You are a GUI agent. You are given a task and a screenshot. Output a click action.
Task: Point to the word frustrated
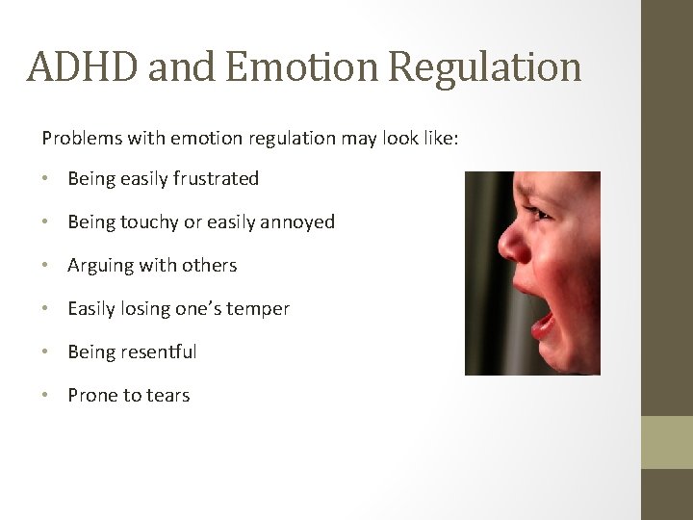[217, 178]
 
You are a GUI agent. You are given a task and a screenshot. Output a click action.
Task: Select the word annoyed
[297, 221]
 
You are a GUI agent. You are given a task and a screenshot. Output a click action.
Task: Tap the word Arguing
[100, 266]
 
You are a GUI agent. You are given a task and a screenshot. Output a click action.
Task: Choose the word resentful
[159, 351]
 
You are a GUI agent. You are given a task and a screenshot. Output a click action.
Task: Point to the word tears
[168, 396]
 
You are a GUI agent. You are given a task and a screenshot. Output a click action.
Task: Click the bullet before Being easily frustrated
[47, 179]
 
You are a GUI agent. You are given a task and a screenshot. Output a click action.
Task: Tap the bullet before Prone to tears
[47, 396]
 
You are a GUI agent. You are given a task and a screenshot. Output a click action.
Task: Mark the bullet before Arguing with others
[47, 266]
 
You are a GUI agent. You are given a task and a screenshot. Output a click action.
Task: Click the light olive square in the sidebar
[667, 442]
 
